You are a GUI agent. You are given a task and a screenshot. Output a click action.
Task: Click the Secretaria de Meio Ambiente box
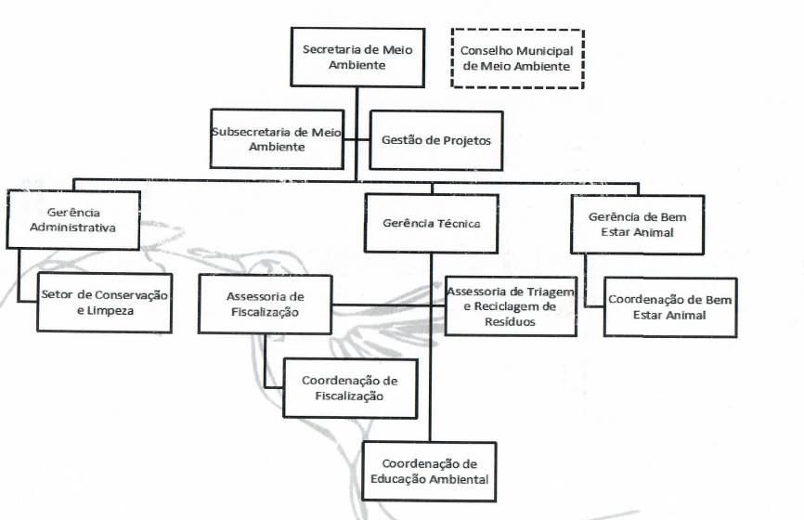tap(357, 57)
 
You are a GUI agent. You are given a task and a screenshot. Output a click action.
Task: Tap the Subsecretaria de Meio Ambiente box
tap(277, 139)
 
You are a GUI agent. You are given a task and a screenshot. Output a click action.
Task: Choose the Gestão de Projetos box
tap(436, 140)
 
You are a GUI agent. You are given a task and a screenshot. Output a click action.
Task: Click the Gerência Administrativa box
tap(73, 220)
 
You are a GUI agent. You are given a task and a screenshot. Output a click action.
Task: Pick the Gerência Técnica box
tap(430, 223)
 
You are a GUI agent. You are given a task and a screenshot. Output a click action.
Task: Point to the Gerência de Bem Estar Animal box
tap(637, 224)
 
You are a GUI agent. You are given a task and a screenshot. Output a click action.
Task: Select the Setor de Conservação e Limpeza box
tap(105, 303)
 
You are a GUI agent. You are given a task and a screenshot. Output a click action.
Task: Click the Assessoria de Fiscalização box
tap(266, 304)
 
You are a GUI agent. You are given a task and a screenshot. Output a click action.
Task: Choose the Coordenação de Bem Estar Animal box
tap(670, 306)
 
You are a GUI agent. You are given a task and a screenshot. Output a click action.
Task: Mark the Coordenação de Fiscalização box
tap(350, 388)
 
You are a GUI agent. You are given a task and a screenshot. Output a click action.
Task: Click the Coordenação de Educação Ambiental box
tap(429, 472)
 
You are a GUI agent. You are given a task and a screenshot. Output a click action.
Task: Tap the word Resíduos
tap(512, 321)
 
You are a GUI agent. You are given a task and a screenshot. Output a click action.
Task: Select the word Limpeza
tap(105, 311)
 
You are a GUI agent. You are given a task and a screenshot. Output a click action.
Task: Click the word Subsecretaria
tap(246, 132)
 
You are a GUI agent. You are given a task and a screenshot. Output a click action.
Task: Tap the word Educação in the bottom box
tap(404, 479)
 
